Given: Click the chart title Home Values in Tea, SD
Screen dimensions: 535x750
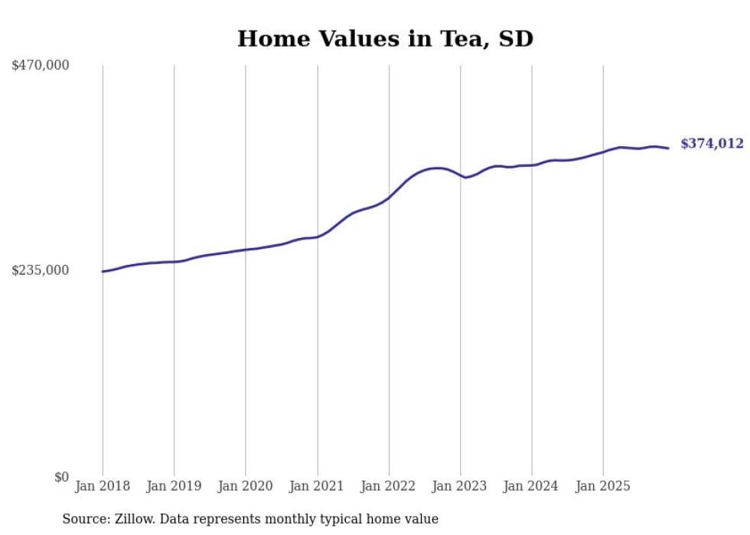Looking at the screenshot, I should click(x=385, y=38).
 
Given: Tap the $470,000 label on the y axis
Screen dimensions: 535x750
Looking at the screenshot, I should click(x=41, y=66).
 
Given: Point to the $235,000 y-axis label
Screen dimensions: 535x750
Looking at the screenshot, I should click(x=41, y=270).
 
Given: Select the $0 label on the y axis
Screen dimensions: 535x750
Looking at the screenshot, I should click(x=61, y=477).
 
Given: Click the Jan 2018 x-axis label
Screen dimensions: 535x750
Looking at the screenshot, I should click(x=103, y=486).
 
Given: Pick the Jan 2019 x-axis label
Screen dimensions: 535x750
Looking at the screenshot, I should click(x=174, y=486).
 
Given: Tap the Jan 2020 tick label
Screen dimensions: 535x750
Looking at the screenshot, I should click(x=246, y=486).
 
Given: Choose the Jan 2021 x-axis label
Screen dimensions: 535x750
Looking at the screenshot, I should click(x=317, y=486).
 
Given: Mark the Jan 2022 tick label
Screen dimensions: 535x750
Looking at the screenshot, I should click(x=389, y=486).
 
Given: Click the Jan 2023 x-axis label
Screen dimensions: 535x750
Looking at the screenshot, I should click(x=460, y=486).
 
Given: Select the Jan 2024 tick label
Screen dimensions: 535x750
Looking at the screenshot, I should click(x=532, y=486).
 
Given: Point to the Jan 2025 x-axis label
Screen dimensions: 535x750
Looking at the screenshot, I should click(x=603, y=486).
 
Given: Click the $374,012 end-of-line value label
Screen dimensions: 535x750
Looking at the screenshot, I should click(x=712, y=143).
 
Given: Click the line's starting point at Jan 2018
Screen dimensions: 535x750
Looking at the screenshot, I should click(x=103, y=271).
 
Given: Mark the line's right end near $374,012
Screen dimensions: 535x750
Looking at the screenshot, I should click(x=669, y=148).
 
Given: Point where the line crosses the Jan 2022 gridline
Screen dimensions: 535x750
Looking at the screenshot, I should click(x=389, y=197).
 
